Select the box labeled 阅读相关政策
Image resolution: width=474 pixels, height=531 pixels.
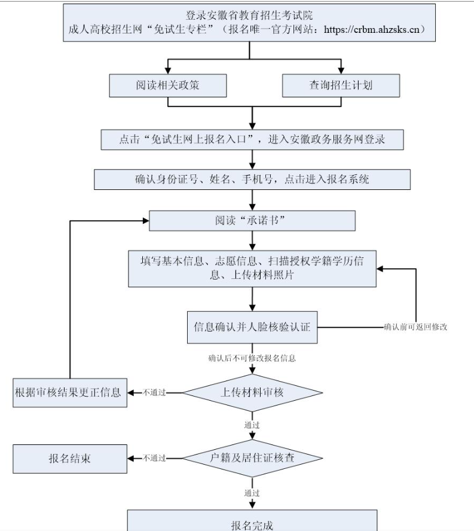coord(167,85)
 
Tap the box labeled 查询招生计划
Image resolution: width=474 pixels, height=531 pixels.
coord(341,85)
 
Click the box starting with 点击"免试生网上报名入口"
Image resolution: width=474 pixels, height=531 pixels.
coord(252,140)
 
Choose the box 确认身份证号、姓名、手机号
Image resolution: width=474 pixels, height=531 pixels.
coord(252,179)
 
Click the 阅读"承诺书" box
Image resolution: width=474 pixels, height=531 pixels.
coord(252,220)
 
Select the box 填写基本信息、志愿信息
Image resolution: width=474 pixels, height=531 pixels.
coord(252,268)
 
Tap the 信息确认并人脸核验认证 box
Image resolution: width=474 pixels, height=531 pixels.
coord(252,327)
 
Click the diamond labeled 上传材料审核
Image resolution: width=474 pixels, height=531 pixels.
coord(252,392)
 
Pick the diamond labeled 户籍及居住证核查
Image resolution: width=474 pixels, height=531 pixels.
coord(252,458)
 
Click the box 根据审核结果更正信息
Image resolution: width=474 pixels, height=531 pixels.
coord(69,392)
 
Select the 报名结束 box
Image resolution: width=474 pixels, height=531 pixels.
coord(69,459)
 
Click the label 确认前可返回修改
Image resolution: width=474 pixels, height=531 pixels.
coord(415,327)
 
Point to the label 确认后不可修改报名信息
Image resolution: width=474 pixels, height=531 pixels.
coord(252,359)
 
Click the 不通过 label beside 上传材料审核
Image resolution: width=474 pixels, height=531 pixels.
coord(154,392)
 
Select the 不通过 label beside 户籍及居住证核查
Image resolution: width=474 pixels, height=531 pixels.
coord(154,458)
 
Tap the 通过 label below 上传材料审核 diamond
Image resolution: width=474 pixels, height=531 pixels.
coord(252,425)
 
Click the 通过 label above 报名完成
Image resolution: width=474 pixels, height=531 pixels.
coord(252,493)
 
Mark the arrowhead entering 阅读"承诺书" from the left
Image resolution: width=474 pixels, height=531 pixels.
coord(145,220)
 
